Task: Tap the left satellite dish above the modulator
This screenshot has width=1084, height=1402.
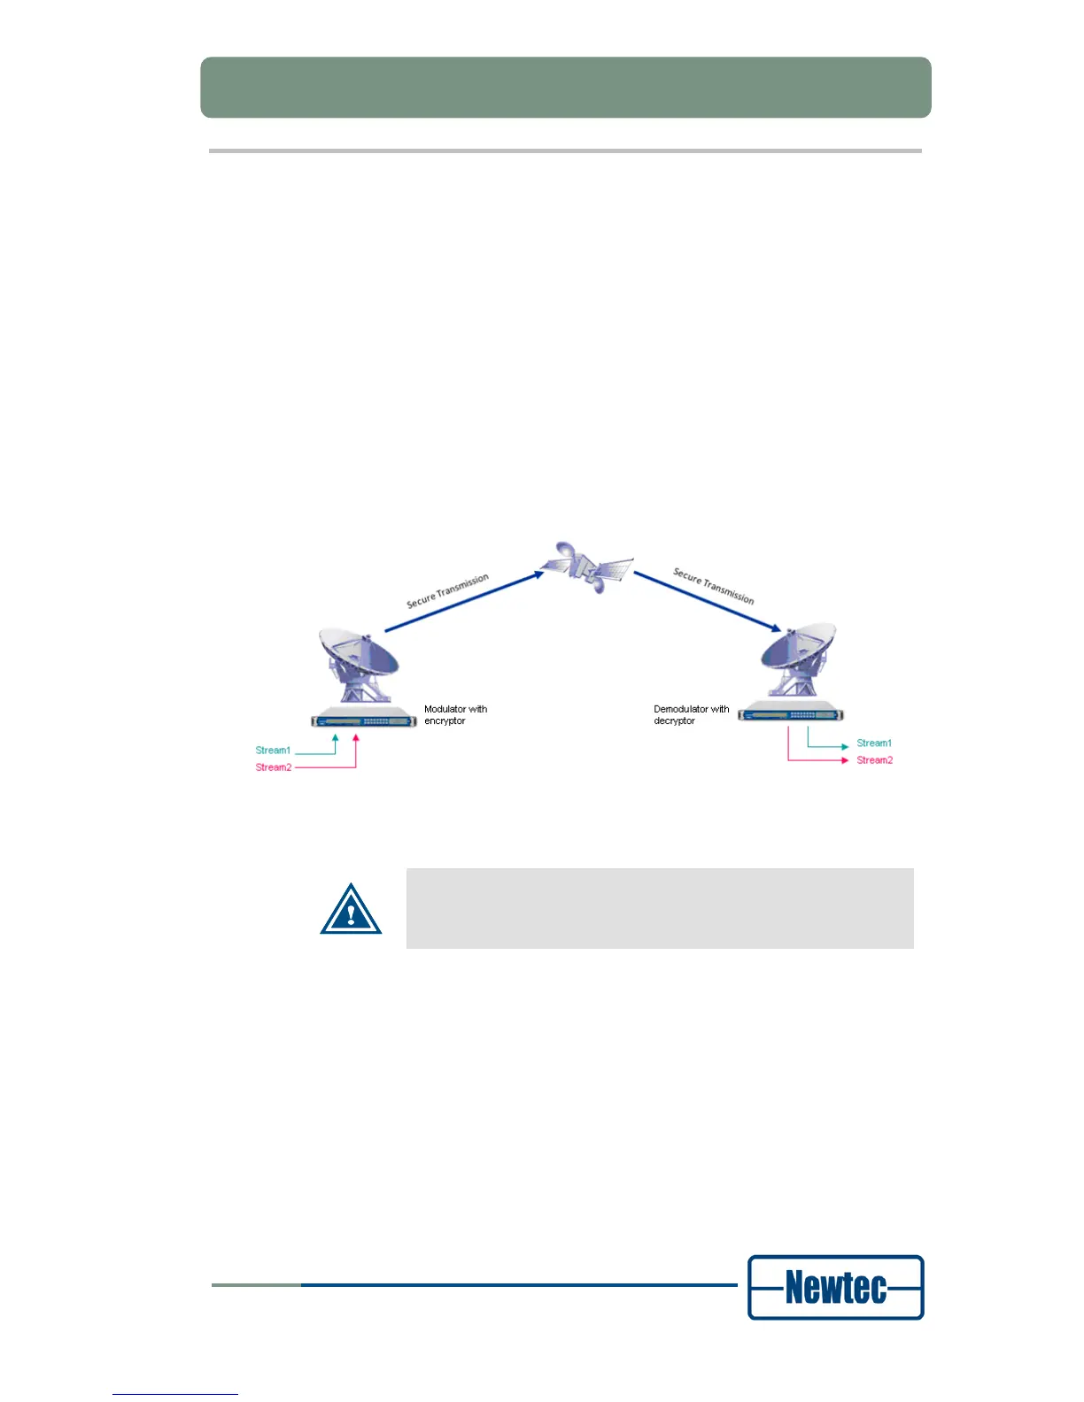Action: pos(360,664)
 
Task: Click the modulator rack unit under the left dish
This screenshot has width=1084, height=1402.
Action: pos(363,720)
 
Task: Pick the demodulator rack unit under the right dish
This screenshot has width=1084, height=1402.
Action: pos(790,713)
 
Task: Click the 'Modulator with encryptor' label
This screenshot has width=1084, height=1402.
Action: pos(455,715)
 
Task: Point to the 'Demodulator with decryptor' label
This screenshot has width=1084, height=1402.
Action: pos(691,715)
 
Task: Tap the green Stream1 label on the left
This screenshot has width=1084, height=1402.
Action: pos(273,751)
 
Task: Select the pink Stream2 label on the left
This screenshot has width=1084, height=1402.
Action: pos(273,767)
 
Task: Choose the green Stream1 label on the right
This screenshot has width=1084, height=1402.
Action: pos(874,743)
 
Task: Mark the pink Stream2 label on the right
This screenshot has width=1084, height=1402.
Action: pos(874,760)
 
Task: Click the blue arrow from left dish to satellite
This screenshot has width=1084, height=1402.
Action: pos(464,602)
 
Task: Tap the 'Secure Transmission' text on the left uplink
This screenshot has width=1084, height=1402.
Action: pos(447,590)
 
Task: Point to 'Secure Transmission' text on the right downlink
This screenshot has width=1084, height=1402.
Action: pos(714,586)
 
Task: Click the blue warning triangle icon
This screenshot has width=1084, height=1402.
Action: pos(351,910)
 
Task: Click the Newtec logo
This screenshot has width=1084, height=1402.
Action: pos(835,1287)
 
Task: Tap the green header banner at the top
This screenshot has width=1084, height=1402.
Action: pos(565,88)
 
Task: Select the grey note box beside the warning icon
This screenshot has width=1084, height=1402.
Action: pos(659,908)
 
